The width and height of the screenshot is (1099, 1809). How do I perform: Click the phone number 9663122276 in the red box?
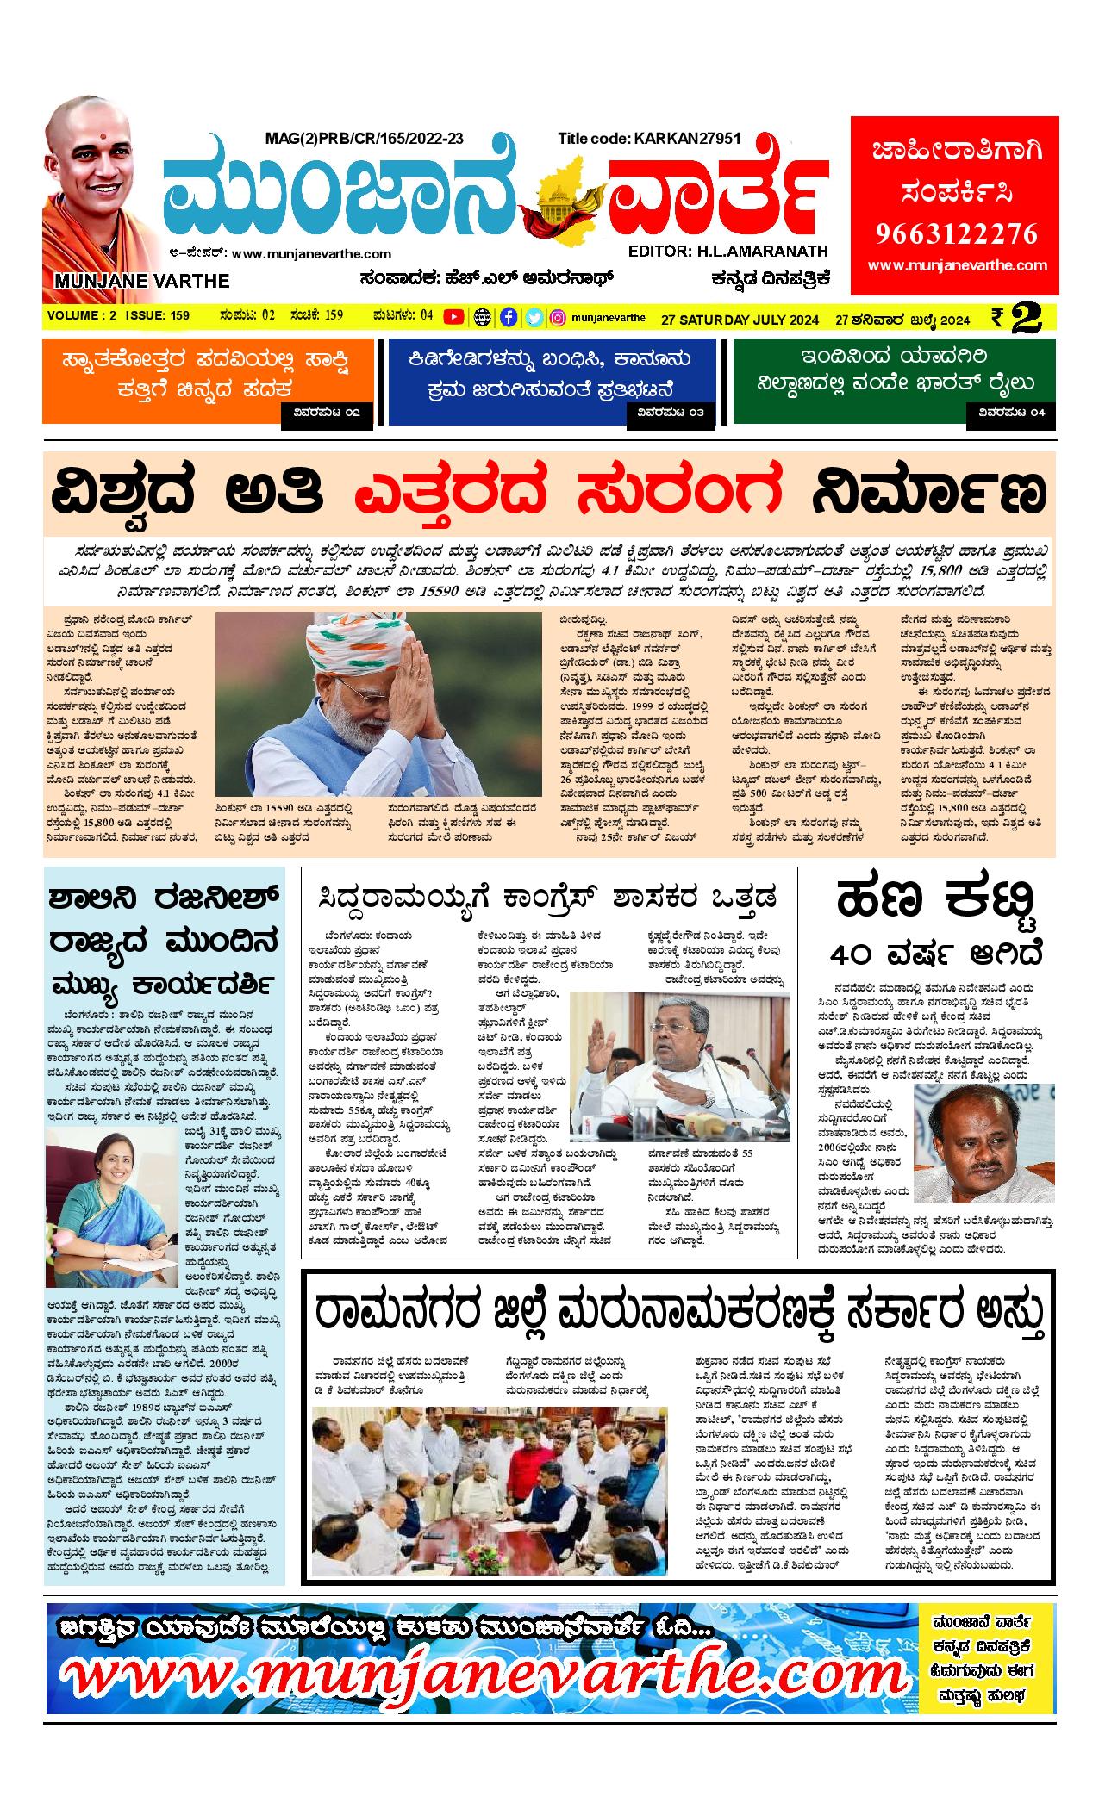coord(956,233)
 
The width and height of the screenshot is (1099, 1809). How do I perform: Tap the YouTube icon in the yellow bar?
coord(453,317)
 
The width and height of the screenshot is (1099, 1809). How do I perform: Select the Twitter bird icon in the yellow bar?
coord(534,317)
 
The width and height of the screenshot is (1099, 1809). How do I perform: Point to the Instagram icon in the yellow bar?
coord(559,317)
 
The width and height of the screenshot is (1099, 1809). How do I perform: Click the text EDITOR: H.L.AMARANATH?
coord(728,252)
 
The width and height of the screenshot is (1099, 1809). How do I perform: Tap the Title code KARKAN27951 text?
coord(649,138)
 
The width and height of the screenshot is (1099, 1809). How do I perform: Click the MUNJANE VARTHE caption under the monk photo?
coord(142,281)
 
